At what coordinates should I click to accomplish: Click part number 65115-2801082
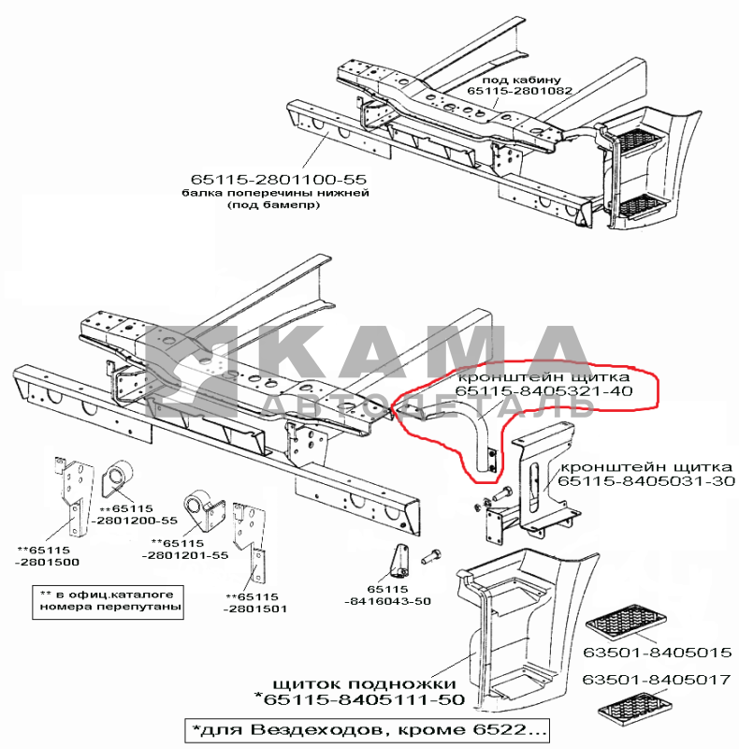(519, 91)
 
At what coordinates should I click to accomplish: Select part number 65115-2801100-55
(279, 180)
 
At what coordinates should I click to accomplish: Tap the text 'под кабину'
(521, 80)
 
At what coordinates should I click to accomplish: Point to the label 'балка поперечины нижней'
(275, 193)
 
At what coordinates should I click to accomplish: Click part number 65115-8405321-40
(543, 391)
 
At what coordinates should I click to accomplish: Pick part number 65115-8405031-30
(646, 480)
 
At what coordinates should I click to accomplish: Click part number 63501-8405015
(658, 653)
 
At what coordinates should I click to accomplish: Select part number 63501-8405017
(657, 680)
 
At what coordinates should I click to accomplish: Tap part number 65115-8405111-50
(359, 699)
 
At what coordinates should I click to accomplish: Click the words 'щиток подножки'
(364, 684)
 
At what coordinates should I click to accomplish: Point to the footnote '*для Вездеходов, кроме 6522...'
(367, 730)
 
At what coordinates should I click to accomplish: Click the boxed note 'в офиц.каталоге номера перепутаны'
(108, 602)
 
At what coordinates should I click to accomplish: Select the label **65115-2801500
(47, 556)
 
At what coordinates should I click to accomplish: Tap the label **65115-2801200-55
(133, 514)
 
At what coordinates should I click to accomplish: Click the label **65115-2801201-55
(185, 550)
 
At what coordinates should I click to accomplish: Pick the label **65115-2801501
(255, 603)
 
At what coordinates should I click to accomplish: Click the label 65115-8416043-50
(387, 595)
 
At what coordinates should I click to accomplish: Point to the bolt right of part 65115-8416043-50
(430, 556)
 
